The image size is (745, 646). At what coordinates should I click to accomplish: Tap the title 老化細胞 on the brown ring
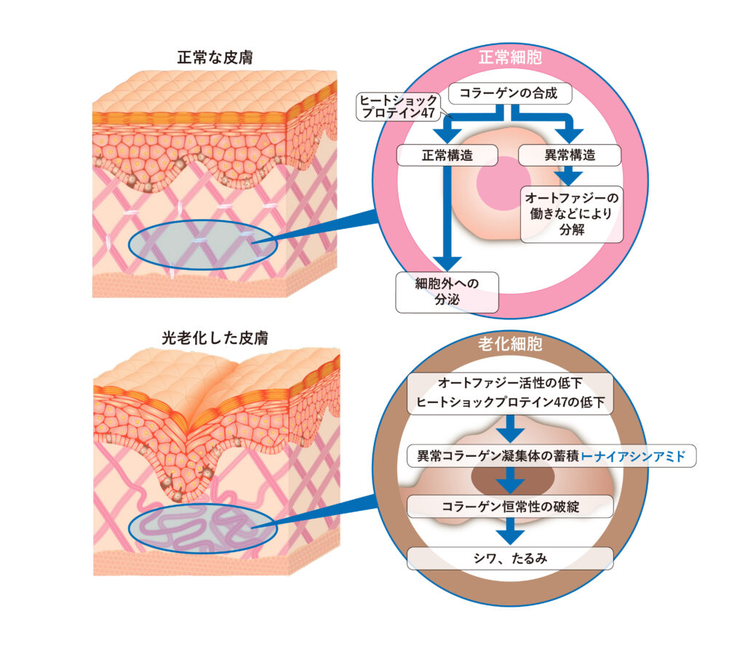tap(510, 343)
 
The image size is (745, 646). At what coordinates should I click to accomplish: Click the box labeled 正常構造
tap(447, 154)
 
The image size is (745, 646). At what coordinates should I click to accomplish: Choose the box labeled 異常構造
tap(570, 154)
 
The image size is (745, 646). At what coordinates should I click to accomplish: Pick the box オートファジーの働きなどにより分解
tap(572, 214)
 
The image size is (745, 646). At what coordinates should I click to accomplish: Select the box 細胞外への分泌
tap(447, 292)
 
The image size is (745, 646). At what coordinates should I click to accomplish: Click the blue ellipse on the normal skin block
tap(203, 247)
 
